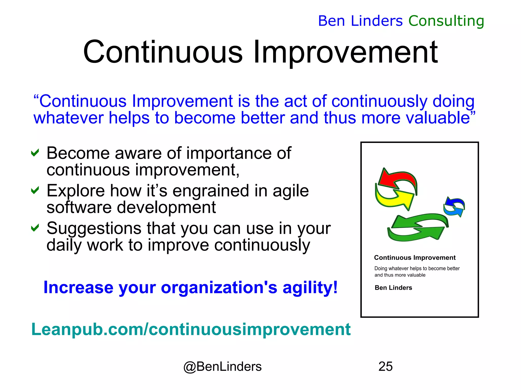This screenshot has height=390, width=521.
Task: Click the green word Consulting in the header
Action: coord(446,21)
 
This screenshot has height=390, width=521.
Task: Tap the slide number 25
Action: coord(385,366)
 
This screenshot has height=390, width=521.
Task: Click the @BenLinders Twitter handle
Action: coord(222,367)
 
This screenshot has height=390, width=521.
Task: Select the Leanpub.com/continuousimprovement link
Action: coord(191,329)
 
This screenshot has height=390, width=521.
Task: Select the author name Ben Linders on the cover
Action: coord(393,288)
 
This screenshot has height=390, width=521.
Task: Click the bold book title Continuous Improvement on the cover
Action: coord(415,257)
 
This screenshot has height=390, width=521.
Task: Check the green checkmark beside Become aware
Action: coord(35,153)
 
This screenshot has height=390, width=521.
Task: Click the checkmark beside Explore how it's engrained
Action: coord(35,190)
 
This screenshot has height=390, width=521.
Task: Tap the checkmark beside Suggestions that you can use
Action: coord(35,228)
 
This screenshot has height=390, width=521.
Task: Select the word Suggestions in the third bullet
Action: coord(93,228)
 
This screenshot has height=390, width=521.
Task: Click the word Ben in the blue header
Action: coord(331,21)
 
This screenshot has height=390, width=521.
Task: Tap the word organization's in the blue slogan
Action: coord(219,288)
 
